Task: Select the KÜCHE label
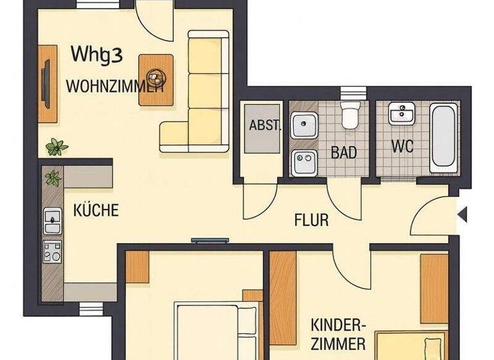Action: pyautogui.click(x=96, y=210)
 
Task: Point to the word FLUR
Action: pyautogui.click(x=311, y=221)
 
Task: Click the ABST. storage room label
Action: pyautogui.click(x=264, y=125)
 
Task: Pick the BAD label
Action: pyautogui.click(x=343, y=153)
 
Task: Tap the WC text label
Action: pyautogui.click(x=402, y=146)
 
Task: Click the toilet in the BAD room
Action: pyautogui.click(x=350, y=114)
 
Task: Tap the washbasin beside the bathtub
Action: pyautogui.click(x=403, y=114)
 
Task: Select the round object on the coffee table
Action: pyautogui.click(x=156, y=78)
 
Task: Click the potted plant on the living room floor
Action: pyautogui.click(x=57, y=147)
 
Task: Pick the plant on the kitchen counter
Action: pyautogui.click(x=53, y=177)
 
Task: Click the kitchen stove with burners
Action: pyautogui.click(x=52, y=251)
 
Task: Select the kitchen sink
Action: pyautogui.click(x=51, y=221)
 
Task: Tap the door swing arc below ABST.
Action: pyautogui.click(x=260, y=203)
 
